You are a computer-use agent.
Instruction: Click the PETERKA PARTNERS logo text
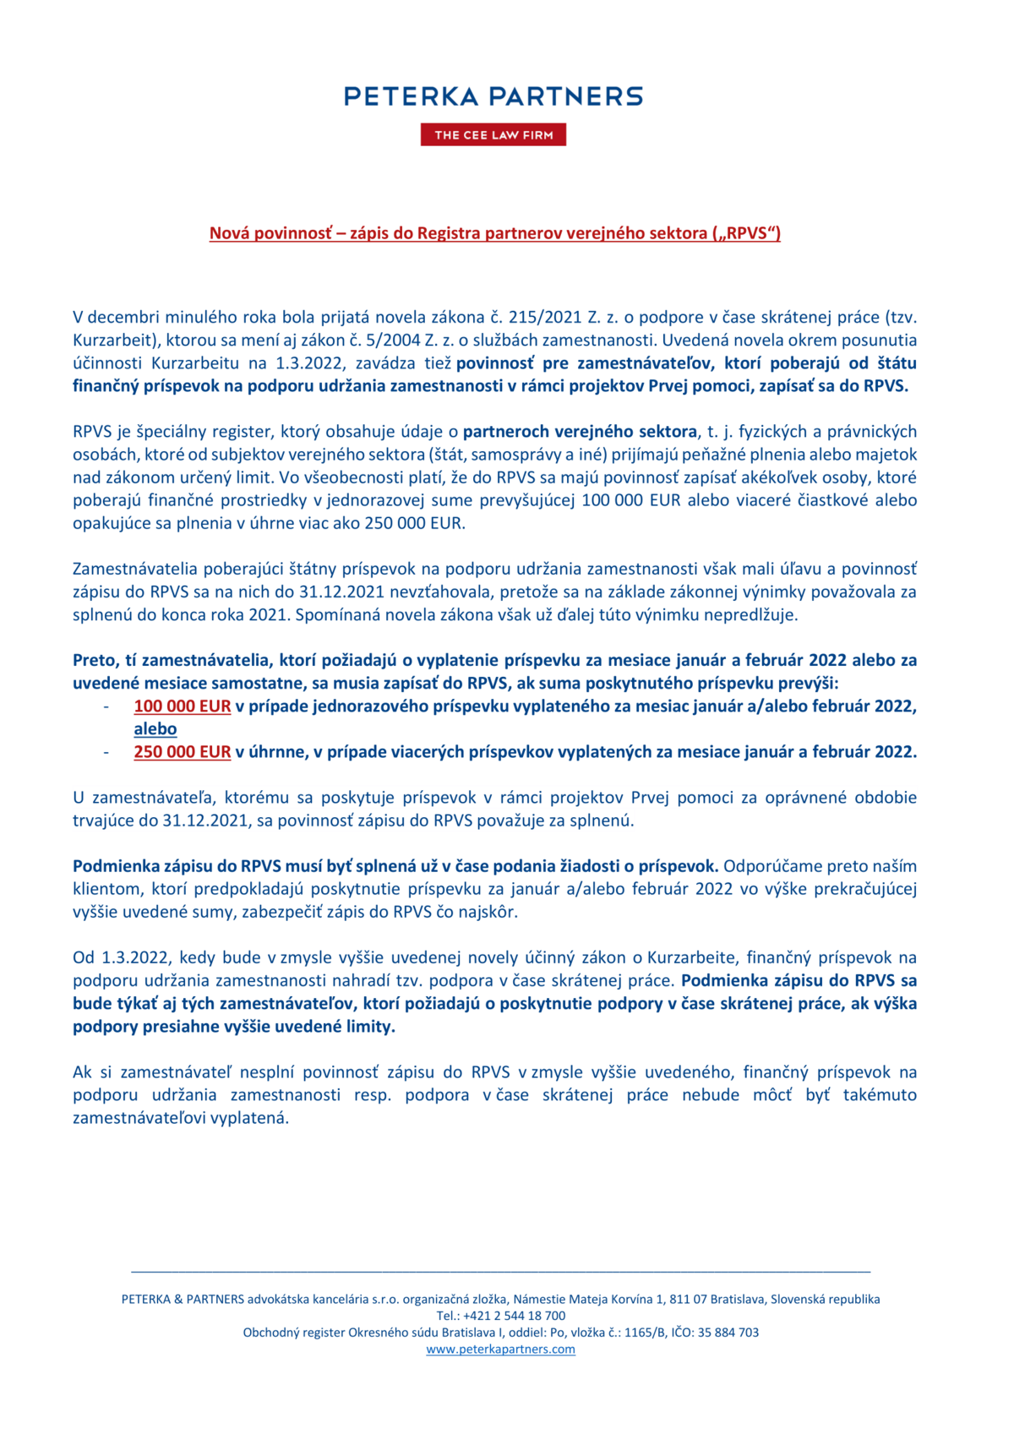[x=493, y=96]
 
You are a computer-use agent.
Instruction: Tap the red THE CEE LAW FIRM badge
[x=493, y=135]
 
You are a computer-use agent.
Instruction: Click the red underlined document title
[x=494, y=233]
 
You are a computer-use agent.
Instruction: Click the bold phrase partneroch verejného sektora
[x=580, y=432]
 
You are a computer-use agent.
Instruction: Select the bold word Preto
[x=93, y=660]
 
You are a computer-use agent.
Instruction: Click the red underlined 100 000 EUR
[x=182, y=706]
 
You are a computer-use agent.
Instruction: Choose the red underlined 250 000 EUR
[x=182, y=752]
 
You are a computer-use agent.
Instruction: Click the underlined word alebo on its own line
[x=155, y=729]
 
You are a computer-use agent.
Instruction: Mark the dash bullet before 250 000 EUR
[x=106, y=752]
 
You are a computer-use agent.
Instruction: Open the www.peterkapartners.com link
[x=500, y=1349]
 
